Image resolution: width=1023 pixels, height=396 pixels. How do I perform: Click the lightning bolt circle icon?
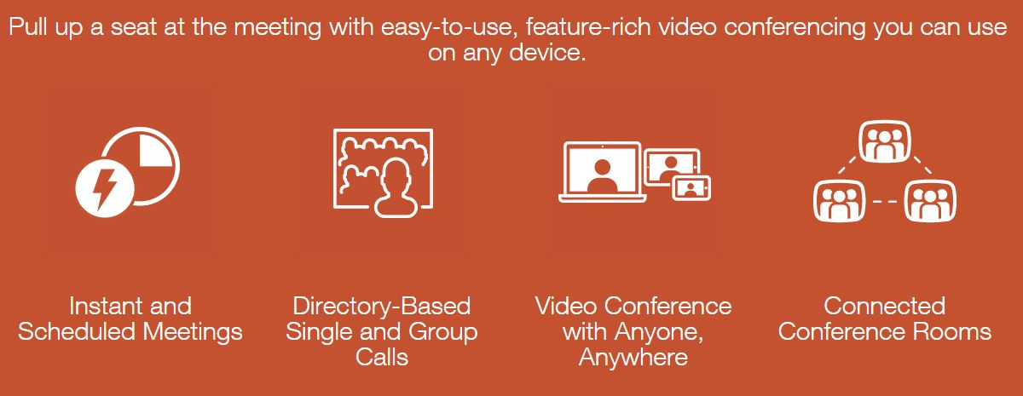click(105, 188)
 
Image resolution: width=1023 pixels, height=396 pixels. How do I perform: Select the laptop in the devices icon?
click(602, 172)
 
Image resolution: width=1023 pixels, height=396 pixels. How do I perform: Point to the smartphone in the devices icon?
click(691, 188)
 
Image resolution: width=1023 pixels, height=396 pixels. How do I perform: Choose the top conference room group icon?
click(885, 141)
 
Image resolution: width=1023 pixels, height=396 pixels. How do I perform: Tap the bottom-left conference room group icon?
click(840, 201)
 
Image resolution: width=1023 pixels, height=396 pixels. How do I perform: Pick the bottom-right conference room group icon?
click(930, 201)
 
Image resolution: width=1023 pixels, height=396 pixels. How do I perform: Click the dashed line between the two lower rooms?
click(885, 201)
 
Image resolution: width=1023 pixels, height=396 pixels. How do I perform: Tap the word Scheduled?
click(76, 331)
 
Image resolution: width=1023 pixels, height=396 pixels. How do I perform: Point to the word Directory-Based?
click(381, 306)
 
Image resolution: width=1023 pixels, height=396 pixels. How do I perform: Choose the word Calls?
click(381, 357)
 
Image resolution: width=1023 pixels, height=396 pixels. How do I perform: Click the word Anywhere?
click(633, 358)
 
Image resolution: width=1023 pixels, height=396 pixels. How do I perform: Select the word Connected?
click(885, 306)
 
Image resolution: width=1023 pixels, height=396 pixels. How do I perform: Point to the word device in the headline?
click(547, 53)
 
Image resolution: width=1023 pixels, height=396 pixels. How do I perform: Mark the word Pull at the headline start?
click(28, 27)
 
